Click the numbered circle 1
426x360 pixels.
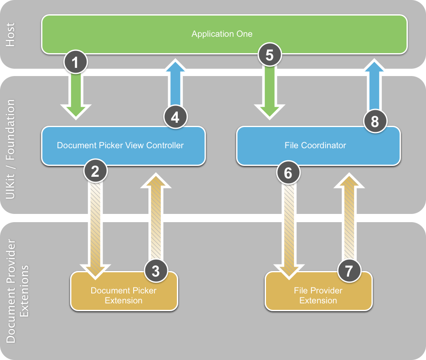tap(76, 63)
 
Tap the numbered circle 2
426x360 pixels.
tap(96, 172)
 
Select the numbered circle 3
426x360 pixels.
tap(155, 271)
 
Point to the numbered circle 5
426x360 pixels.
tap(269, 55)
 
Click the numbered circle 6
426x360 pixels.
tap(288, 173)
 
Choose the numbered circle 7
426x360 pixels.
tap(349, 271)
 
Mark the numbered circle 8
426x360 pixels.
tap(375, 121)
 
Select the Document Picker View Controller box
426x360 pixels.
tap(123, 145)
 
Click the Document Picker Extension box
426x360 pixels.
tap(124, 295)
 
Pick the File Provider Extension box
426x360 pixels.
tap(318, 295)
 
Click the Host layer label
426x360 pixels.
tap(10, 35)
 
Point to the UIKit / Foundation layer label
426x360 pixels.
tap(10, 149)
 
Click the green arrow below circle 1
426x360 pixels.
tap(76, 97)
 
